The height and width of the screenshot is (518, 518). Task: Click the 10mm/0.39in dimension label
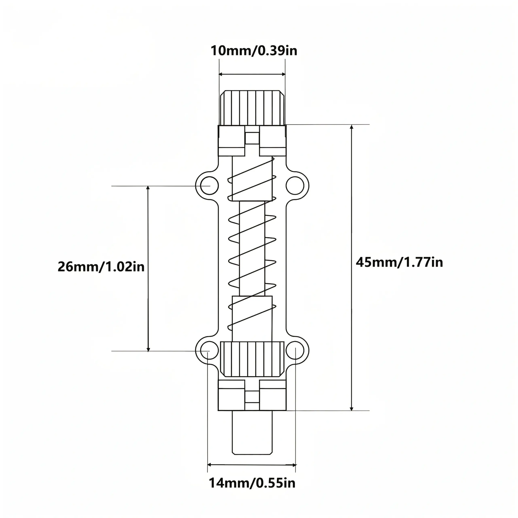pos(254,51)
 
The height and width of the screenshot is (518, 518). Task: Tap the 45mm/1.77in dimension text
pos(399,262)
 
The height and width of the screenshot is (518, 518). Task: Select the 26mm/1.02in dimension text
pos(101,267)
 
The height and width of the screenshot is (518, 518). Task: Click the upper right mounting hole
pos(295,186)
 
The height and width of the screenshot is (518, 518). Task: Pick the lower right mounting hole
pos(295,351)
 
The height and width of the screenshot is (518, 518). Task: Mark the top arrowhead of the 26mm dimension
pos(148,188)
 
